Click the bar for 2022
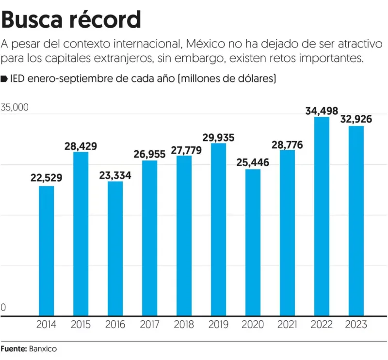[322, 217]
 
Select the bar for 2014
[46, 251]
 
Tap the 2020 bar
[253, 242]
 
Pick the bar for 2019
[218, 230]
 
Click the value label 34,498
[322, 111]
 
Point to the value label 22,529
[46, 178]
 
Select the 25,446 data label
[253, 162]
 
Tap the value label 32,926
[356, 119]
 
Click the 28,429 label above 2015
[81, 146]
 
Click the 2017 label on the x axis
[149, 325]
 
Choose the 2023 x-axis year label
[356, 325]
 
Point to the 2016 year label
[115, 325]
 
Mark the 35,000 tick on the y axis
[15, 108]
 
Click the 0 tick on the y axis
[4, 307]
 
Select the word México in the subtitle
[202, 45]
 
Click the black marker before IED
[4, 78]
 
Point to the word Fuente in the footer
[13, 348]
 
